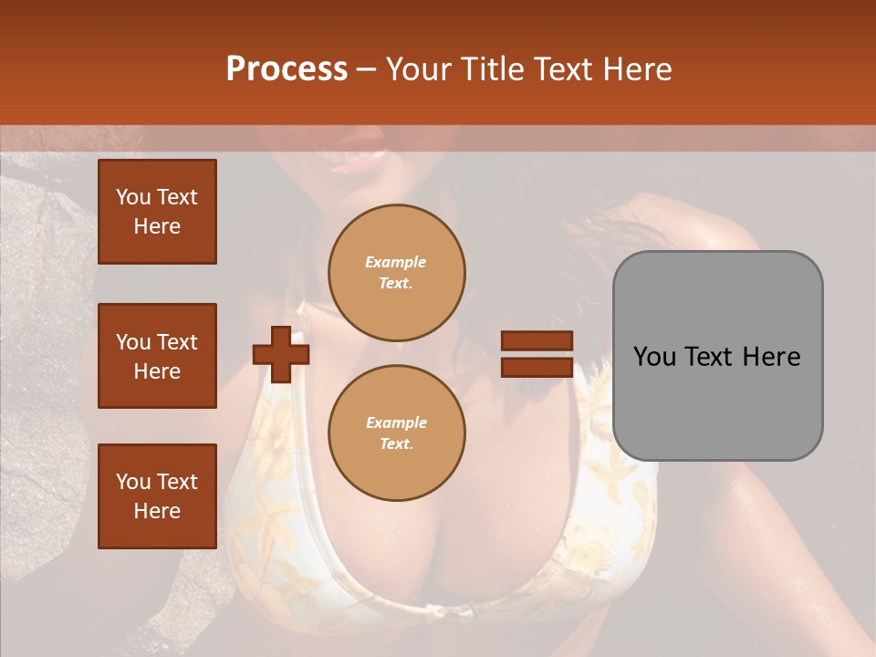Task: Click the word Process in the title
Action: coord(287,68)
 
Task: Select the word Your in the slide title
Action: coord(417,68)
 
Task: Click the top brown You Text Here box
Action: coord(157,212)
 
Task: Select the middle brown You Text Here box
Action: coord(157,356)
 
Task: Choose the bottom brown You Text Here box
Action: coord(157,496)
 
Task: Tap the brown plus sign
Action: coord(280,354)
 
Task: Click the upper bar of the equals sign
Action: coord(537,341)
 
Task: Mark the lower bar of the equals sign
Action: coord(537,367)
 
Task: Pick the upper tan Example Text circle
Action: coord(396,272)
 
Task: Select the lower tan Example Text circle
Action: coord(396,433)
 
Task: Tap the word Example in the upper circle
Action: coord(396,262)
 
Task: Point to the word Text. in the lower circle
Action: coord(396,443)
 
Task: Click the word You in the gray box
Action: coord(652,357)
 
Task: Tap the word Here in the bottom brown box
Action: coord(157,511)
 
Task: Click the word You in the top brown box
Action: coord(132,197)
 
